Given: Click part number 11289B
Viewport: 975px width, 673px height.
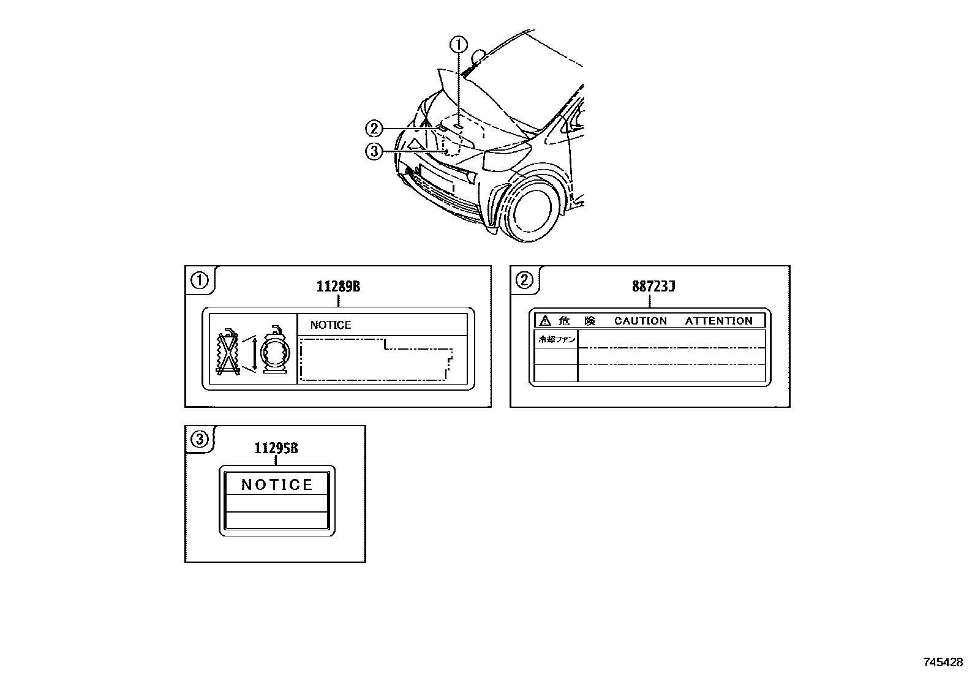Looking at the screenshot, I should tap(338, 286).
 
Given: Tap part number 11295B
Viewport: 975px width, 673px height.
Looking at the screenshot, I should tap(276, 448).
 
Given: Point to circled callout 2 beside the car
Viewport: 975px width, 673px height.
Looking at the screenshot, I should tap(374, 129).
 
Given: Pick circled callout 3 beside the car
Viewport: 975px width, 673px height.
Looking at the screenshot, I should tap(374, 151).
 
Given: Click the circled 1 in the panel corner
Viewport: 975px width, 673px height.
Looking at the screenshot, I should tap(200, 280).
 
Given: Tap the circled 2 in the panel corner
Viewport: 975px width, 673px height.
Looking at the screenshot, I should tap(525, 280).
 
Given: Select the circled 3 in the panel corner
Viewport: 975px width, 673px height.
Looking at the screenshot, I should tap(200, 439).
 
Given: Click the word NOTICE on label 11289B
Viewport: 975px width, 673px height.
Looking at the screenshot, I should tap(331, 325).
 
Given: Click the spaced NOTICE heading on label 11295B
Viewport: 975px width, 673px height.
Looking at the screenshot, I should tap(277, 485).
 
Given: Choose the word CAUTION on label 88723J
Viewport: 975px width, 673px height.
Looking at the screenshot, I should tap(641, 321).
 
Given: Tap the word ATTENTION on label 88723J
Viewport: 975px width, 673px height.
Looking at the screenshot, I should tap(718, 321).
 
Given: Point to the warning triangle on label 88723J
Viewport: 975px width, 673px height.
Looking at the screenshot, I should tap(544, 321).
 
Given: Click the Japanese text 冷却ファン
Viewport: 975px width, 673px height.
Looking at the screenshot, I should tap(556, 339).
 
